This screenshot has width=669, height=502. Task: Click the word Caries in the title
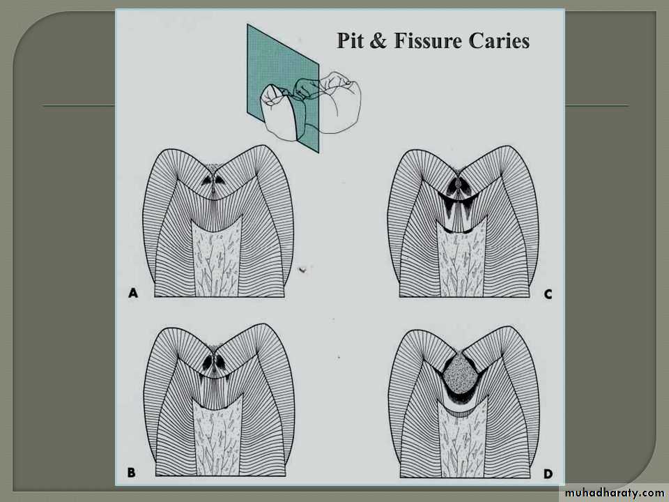499,40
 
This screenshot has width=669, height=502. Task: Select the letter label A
134,294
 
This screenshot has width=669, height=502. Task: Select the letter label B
132,473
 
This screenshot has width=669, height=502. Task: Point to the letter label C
548,294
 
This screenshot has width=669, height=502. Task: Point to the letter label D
548,473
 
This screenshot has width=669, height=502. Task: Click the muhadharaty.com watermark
615,493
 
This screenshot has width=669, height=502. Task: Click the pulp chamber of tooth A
216,259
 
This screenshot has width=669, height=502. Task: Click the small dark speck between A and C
303,269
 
